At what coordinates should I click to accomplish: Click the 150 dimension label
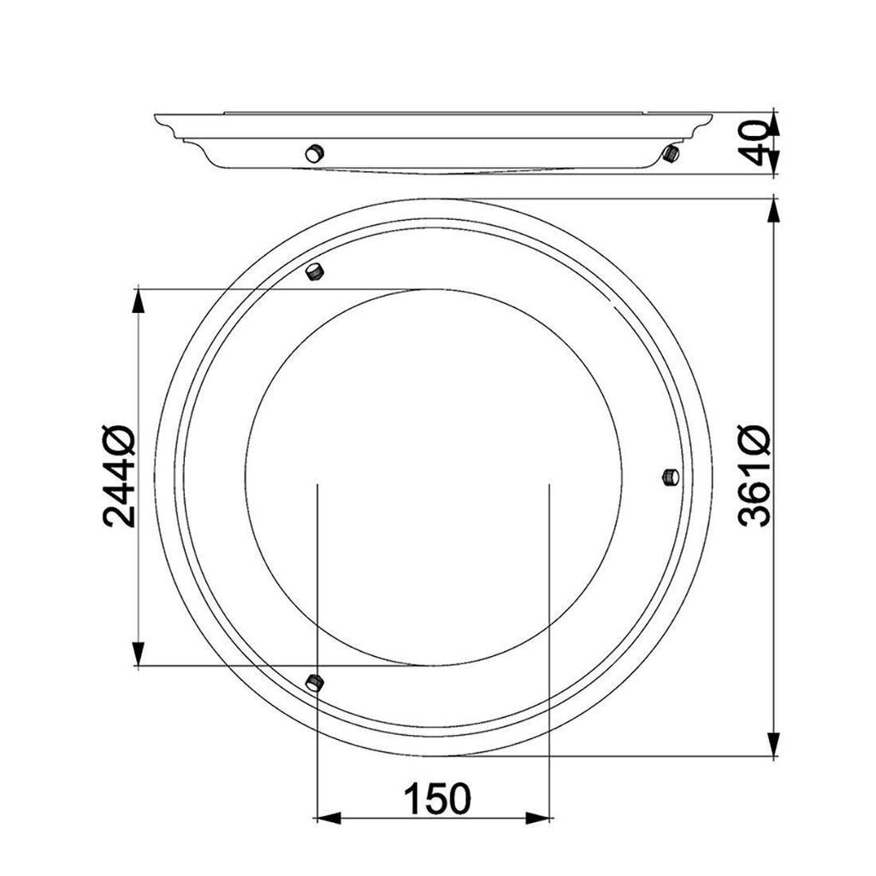click(437, 798)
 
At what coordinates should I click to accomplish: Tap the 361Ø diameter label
click(754, 475)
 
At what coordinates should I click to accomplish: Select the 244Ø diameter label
click(118, 476)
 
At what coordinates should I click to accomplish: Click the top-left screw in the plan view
click(315, 271)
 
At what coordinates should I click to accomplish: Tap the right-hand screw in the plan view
click(671, 477)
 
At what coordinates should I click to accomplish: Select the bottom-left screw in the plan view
click(315, 682)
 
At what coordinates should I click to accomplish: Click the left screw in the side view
click(315, 152)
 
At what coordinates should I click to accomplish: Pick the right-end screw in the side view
click(671, 153)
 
